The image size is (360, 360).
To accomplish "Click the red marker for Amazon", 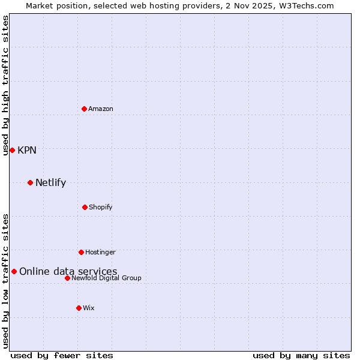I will pyautogui.click(x=84, y=109).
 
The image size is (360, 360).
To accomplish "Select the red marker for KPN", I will pyautogui.click(x=12, y=150).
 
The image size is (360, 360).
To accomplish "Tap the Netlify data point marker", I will pyautogui.click(x=30, y=182).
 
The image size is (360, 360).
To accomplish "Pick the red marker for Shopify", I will pyautogui.click(x=85, y=207).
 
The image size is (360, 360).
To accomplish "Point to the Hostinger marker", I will pyautogui.click(x=81, y=252).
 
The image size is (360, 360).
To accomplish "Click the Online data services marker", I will pyautogui.click(x=14, y=271).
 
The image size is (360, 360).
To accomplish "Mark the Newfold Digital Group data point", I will pyautogui.click(x=67, y=278).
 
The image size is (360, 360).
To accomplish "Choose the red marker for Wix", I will pyautogui.click(x=79, y=308).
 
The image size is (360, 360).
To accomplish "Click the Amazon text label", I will pyautogui.click(x=101, y=109).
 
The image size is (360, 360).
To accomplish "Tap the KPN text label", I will pyautogui.click(x=27, y=150).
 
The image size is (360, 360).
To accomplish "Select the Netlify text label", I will pyautogui.click(x=50, y=182).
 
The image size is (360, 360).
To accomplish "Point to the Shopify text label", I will pyautogui.click(x=101, y=207).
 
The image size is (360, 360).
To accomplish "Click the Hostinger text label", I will pyautogui.click(x=100, y=252).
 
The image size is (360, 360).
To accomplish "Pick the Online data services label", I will pyautogui.click(x=68, y=271).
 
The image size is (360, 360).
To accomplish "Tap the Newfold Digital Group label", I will pyautogui.click(x=106, y=278).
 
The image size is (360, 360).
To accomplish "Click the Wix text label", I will pyautogui.click(x=89, y=308).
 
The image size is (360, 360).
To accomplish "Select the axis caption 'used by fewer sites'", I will pyautogui.click(x=62, y=355).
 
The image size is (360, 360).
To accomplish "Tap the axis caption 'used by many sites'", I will pyautogui.click(x=301, y=355).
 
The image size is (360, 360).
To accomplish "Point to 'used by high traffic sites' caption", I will pyautogui.click(x=5, y=85).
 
